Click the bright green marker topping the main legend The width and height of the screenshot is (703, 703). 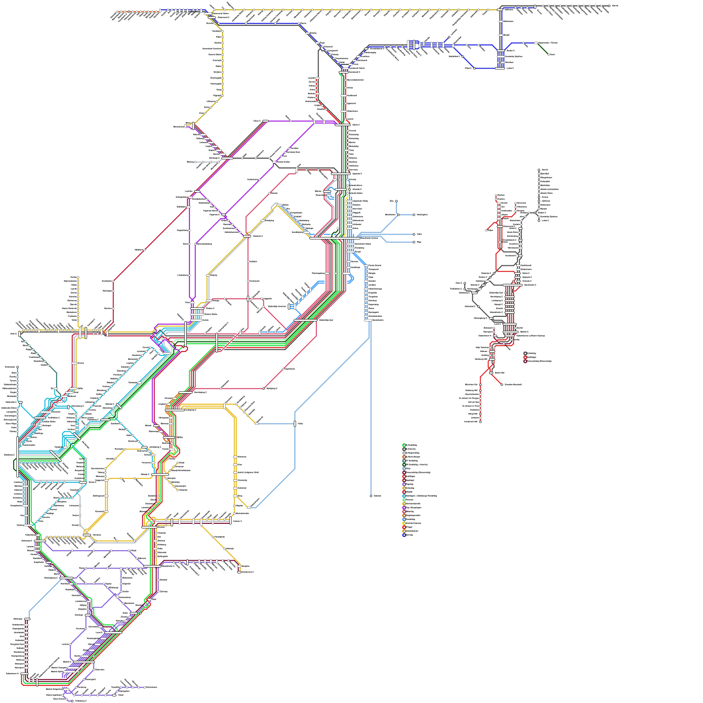404,445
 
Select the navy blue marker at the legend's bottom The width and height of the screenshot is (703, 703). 404,535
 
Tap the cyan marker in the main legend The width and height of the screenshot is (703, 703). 404,496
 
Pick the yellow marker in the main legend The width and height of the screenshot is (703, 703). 404,523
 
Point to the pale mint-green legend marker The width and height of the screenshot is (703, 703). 404,500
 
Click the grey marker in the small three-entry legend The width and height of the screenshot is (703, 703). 525,353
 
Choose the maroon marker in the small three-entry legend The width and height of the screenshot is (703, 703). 525,361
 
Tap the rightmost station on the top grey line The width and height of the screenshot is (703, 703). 609,6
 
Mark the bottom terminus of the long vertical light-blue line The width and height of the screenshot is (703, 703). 371,496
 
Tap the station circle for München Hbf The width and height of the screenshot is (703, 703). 480,384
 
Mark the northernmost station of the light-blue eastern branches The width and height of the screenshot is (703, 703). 396,201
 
